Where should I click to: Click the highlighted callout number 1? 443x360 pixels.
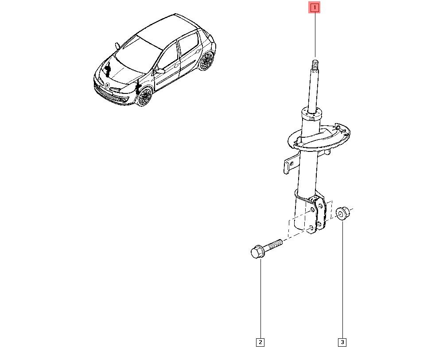[314, 8]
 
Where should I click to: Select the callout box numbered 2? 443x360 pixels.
[260, 342]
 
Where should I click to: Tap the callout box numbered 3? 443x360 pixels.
[342, 342]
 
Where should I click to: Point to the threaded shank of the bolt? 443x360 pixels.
[275, 244]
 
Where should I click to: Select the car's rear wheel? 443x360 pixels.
[206, 62]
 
